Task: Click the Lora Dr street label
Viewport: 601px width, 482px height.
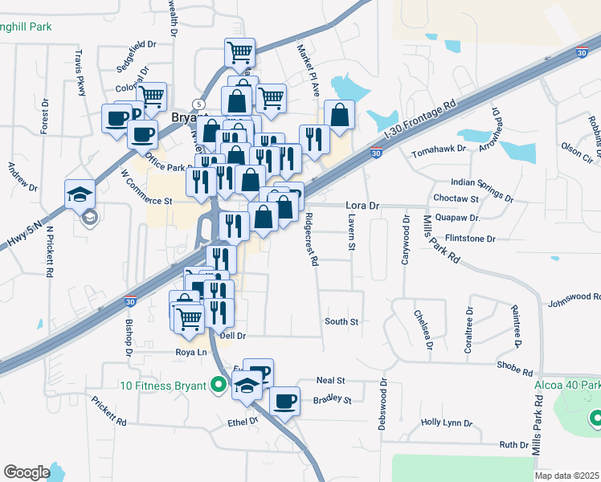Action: pos(362,206)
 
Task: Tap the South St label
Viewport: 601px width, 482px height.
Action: pos(341,321)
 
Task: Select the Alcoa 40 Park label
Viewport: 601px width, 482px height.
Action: pos(566,384)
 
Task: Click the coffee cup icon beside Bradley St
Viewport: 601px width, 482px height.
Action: pos(284,400)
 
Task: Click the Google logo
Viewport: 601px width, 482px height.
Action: pos(27,472)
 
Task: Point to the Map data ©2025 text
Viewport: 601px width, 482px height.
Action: pos(566,476)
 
